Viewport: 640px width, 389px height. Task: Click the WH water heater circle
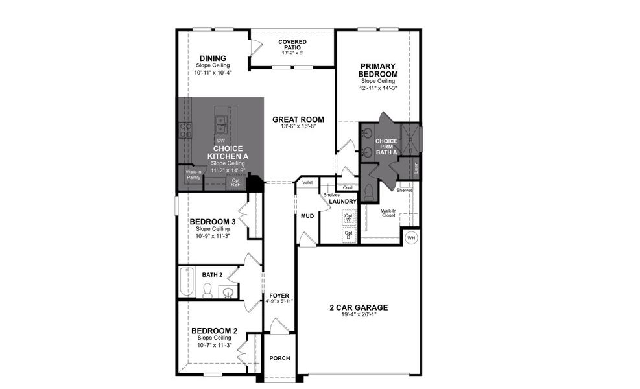tap(410, 238)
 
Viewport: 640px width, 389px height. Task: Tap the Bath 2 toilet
tap(207, 292)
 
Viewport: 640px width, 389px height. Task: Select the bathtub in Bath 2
tap(187, 282)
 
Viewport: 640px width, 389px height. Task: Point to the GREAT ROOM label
tap(298, 119)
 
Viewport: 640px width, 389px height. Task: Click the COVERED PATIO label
tap(292, 45)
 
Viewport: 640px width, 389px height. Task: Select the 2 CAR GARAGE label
tap(358, 307)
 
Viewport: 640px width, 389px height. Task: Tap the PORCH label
tap(279, 358)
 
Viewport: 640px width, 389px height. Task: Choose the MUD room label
tap(307, 216)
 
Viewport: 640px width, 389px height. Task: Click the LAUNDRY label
tap(343, 202)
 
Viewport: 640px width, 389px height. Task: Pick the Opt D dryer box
tap(348, 234)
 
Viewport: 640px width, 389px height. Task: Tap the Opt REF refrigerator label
tap(235, 183)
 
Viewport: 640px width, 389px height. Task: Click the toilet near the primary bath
tap(369, 192)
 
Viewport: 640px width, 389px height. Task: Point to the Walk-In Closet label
tap(388, 213)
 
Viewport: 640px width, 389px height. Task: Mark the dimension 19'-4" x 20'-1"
tap(358, 315)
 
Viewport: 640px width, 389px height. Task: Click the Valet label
tap(307, 183)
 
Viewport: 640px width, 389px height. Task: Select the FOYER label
tap(279, 296)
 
